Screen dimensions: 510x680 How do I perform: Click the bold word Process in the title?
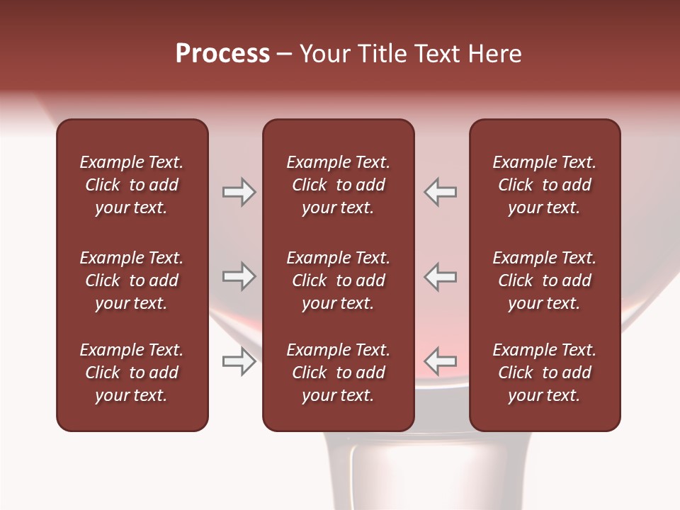(x=222, y=54)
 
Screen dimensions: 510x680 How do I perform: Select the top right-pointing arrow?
(x=239, y=192)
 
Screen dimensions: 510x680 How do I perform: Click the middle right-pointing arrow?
(x=239, y=276)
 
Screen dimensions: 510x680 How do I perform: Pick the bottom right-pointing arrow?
(x=239, y=361)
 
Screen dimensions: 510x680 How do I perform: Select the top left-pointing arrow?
(x=441, y=192)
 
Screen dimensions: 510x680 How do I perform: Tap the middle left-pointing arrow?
(x=441, y=276)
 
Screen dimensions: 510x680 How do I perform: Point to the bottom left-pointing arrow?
(x=441, y=361)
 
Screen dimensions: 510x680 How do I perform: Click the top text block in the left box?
(x=132, y=185)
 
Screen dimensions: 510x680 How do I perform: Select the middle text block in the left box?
(x=132, y=280)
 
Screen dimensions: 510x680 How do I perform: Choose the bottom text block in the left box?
(x=132, y=373)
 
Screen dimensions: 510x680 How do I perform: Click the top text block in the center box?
(x=338, y=185)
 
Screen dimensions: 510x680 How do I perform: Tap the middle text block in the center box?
(x=338, y=280)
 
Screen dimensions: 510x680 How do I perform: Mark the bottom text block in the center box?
(x=338, y=373)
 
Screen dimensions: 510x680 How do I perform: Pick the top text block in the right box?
(x=544, y=185)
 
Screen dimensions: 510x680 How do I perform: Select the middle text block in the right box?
(x=544, y=280)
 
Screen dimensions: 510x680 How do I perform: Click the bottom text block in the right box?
(x=544, y=373)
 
